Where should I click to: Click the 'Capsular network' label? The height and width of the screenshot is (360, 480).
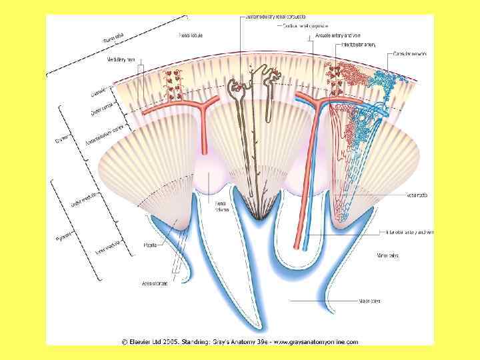pyautogui.click(x=410, y=53)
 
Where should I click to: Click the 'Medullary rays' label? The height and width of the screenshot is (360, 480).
pyautogui.click(x=121, y=59)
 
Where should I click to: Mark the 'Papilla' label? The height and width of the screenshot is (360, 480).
pyautogui.click(x=151, y=245)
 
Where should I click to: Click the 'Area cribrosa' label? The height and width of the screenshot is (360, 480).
pyautogui.click(x=155, y=283)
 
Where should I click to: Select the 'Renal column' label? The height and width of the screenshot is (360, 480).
pyautogui.click(x=221, y=206)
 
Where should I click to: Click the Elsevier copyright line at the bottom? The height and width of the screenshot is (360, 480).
pyautogui.click(x=239, y=341)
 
